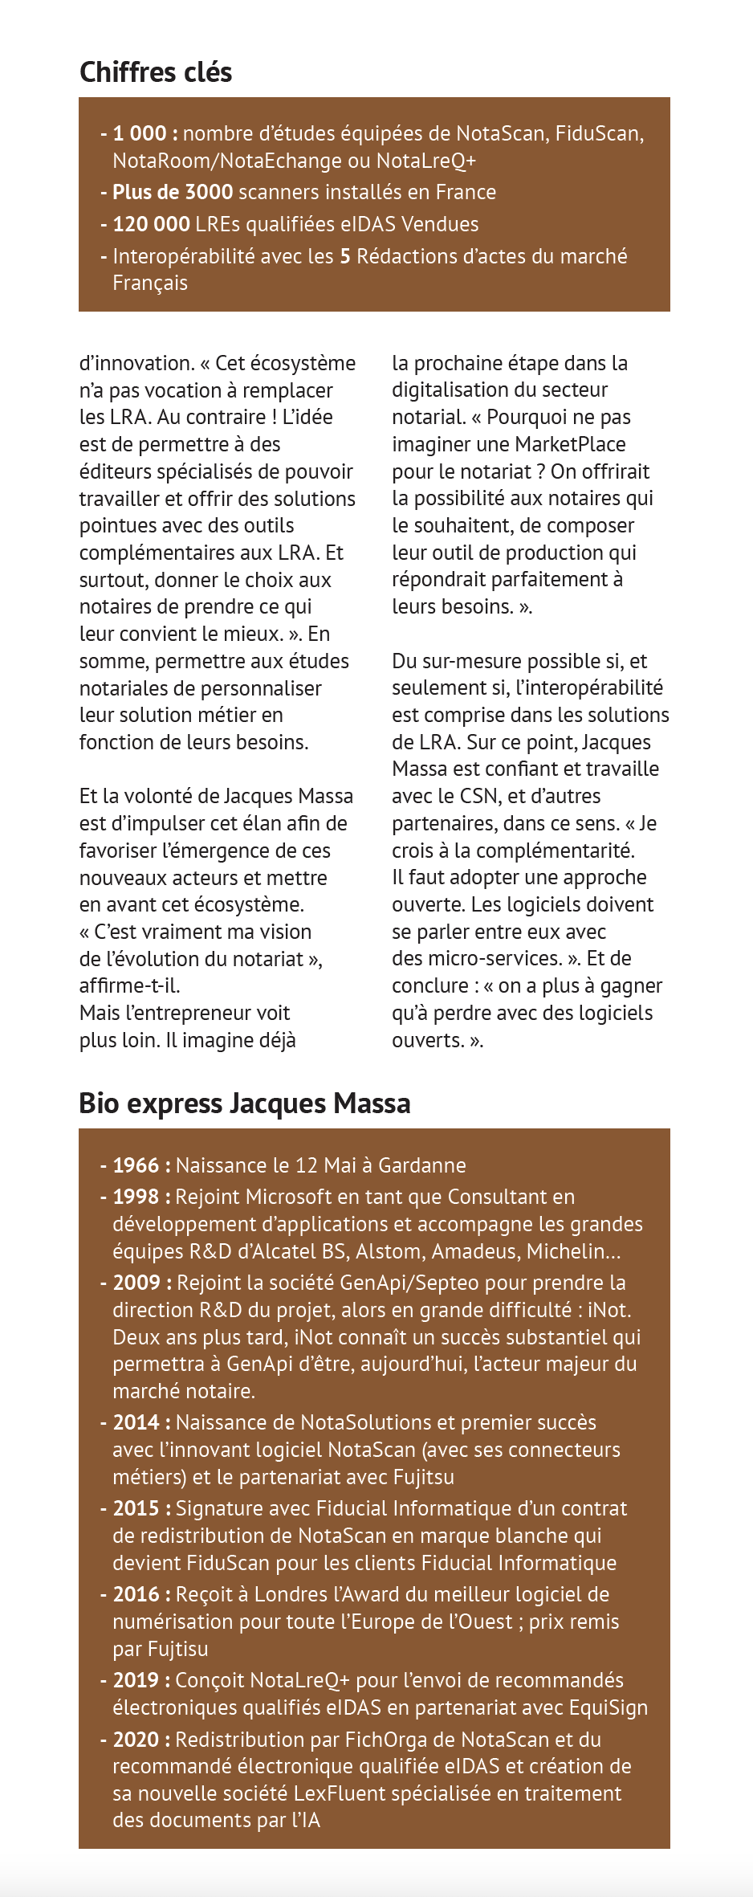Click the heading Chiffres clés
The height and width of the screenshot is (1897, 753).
(x=156, y=72)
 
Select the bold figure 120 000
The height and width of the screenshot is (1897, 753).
(x=151, y=224)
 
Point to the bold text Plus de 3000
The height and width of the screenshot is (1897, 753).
(x=173, y=192)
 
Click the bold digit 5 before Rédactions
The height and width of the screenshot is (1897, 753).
(x=345, y=256)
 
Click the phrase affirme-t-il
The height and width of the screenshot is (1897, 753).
(x=129, y=985)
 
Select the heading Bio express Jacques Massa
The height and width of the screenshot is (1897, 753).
(x=244, y=1104)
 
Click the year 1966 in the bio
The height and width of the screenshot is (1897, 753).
(x=136, y=1165)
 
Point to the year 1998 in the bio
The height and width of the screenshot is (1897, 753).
(x=136, y=1197)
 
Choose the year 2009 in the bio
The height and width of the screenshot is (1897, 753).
(x=136, y=1283)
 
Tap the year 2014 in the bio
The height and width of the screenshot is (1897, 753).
(x=136, y=1422)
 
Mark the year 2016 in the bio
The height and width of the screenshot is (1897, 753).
(x=136, y=1594)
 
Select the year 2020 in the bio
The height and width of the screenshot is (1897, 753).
(x=136, y=1740)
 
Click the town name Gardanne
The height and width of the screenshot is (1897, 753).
(x=421, y=1165)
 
